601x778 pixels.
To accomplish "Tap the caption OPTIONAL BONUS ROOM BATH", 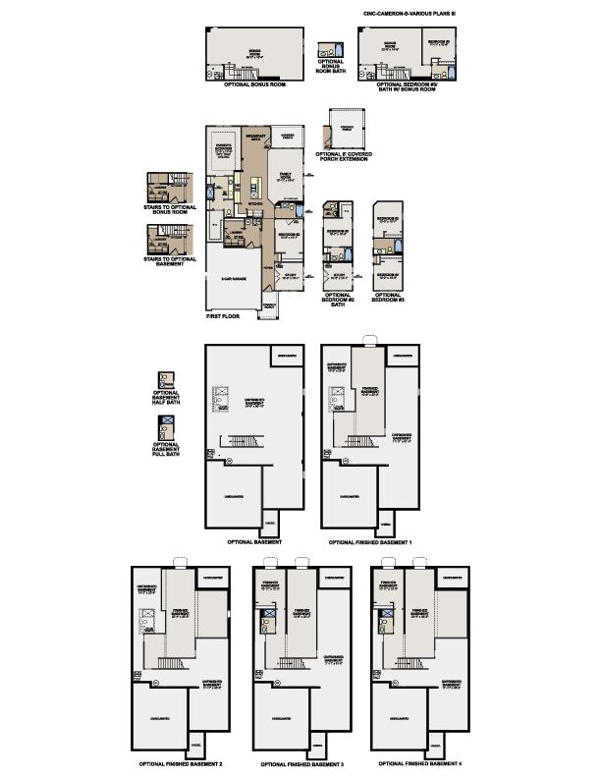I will click(x=335, y=77).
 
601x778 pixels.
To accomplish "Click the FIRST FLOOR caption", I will click(x=225, y=319).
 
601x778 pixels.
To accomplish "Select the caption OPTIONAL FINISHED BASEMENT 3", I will click(x=301, y=763).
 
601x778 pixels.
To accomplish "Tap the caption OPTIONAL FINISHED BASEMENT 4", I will click(x=420, y=762).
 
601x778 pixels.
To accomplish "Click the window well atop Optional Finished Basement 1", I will click(x=368, y=342).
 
